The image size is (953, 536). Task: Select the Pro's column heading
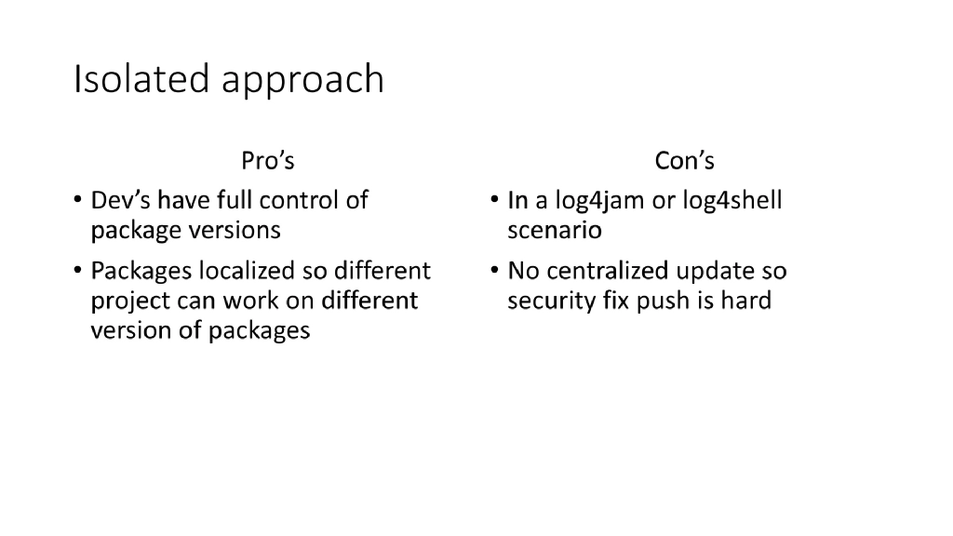pyautogui.click(x=267, y=161)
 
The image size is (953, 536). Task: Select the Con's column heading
pyautogui.click(x=684, y=161)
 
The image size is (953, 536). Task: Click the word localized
pyautogui.click(x=246, y=271)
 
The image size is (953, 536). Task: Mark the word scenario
pyautogui.click(x=555, y=229)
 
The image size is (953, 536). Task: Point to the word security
pyautogui.click(x=546, y=301)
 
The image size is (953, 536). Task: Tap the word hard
pyautogui.click(x=745, y=301)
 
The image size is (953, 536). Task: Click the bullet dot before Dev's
pyautogui.click(x=77, y=201)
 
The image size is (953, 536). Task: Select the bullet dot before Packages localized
pyautogui.click(x=77, y=272)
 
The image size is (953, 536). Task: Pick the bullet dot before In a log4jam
pyautogui.click(x=494, y=201)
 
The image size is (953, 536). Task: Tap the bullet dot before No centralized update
pyautogui.click(x=494, y=272)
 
